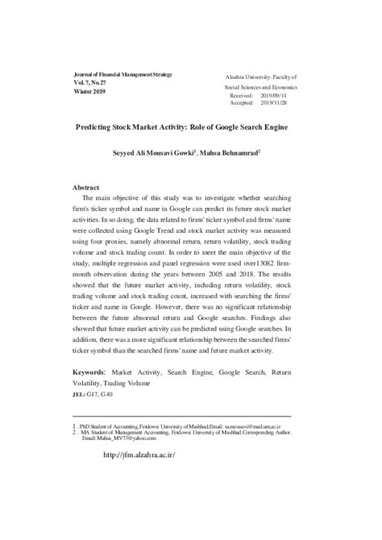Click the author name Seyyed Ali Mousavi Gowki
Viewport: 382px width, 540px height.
click(162, 152)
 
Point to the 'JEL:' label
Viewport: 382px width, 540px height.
click(78, 395)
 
